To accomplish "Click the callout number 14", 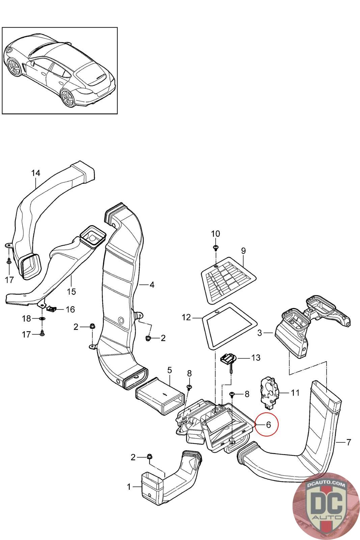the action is click(x=36, y=173).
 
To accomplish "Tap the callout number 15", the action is click(x=71, y=292).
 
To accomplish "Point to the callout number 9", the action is click(x=243, y=251).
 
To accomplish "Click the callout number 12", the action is click(x=186, y=317).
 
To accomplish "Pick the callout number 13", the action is click(x=256, y=357).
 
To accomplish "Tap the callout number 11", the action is click(x=295, y=393).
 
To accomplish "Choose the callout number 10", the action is click(x=215, y=234).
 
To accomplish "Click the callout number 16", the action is click(x=71, y=309).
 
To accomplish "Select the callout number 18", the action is click(x=27, y=319).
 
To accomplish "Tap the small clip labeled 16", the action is click(x=51, y=308).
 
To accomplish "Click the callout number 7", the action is click(x=349, y=442).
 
